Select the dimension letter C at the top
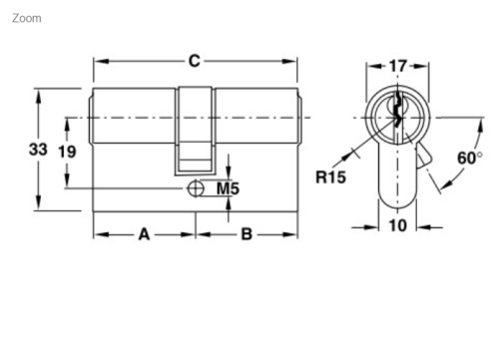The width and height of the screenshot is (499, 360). point(195,62)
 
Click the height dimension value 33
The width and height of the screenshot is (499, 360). point(38,150)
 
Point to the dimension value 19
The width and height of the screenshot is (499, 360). point(67,152)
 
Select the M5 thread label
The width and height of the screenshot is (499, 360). point(229,188)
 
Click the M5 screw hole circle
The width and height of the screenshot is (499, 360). point(195,188)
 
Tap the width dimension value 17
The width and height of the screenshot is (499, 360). point(397,67)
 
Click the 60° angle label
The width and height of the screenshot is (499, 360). point(469,158)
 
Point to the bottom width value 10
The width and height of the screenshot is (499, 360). point(397,226)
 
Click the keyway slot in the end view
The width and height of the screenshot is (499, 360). point(397,114)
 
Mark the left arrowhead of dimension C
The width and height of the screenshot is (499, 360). point(99,62)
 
